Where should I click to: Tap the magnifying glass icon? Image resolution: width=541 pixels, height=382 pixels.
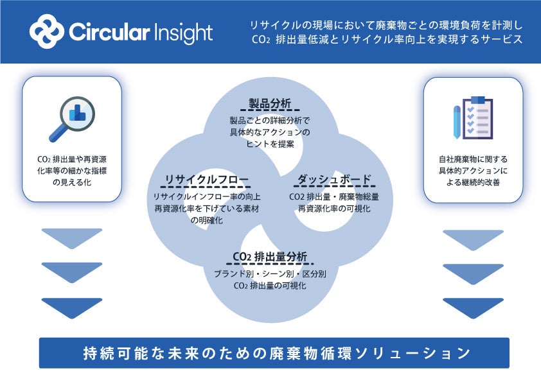point(71,119)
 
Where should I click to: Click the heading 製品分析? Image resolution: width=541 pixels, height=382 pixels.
point(270,103)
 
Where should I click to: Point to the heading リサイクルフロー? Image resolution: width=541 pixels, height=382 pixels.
point(206,179)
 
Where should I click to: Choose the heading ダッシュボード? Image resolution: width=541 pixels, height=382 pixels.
point(333,179)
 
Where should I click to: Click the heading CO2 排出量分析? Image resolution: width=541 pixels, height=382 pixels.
point(270,257)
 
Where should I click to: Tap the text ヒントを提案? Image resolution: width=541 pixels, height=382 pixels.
point(270,144)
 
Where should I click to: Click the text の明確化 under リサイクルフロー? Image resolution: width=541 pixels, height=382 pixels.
point(206,220)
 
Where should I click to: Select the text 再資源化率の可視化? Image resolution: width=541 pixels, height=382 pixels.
point(333,209)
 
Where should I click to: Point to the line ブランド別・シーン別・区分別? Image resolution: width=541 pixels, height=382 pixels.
point(270,273)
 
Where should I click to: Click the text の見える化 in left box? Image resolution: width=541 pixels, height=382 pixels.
point(71,182)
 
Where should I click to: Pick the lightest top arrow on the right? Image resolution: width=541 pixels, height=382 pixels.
point(474,238)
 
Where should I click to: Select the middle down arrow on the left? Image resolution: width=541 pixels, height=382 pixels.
point(71,272)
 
